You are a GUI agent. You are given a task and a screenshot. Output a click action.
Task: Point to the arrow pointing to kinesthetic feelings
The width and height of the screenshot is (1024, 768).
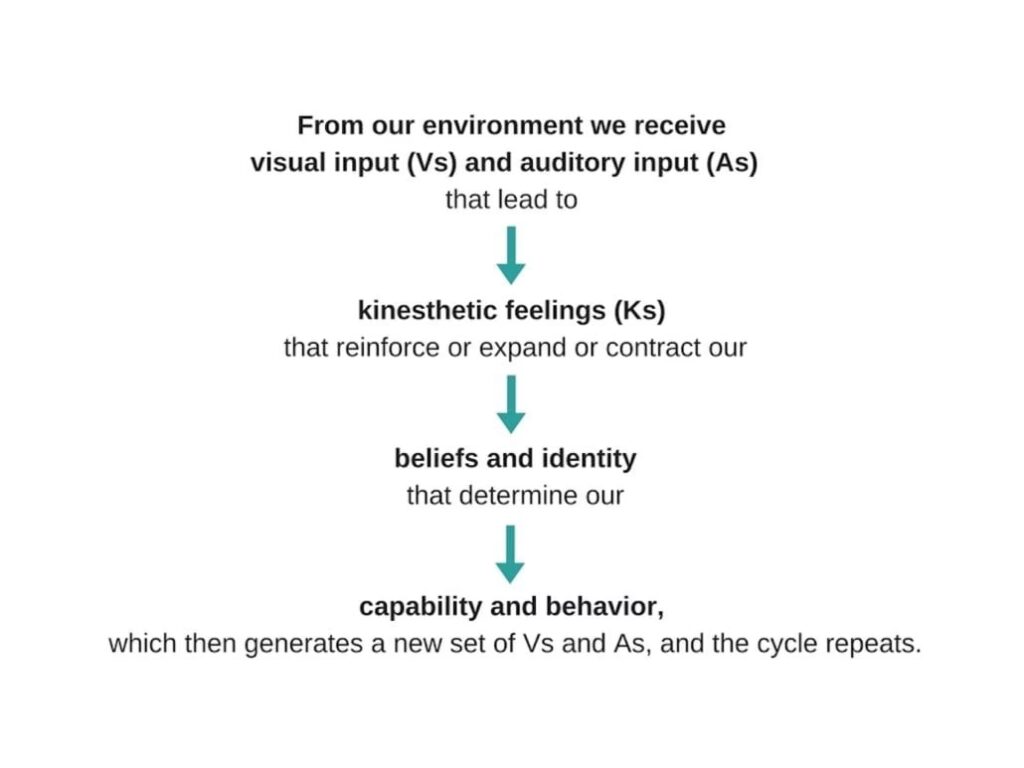pyautogui.click(x=511, y=255)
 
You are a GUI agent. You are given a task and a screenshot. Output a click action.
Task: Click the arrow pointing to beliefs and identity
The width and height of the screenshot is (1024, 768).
pyautogui.click(x=511, y=404)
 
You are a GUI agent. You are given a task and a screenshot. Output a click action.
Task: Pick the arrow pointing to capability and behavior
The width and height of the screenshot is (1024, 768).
pyautogui.click(x=511, y=554)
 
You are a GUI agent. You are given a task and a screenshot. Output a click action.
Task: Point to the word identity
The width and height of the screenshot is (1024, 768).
pyautogui.click(x=587, y=459)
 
